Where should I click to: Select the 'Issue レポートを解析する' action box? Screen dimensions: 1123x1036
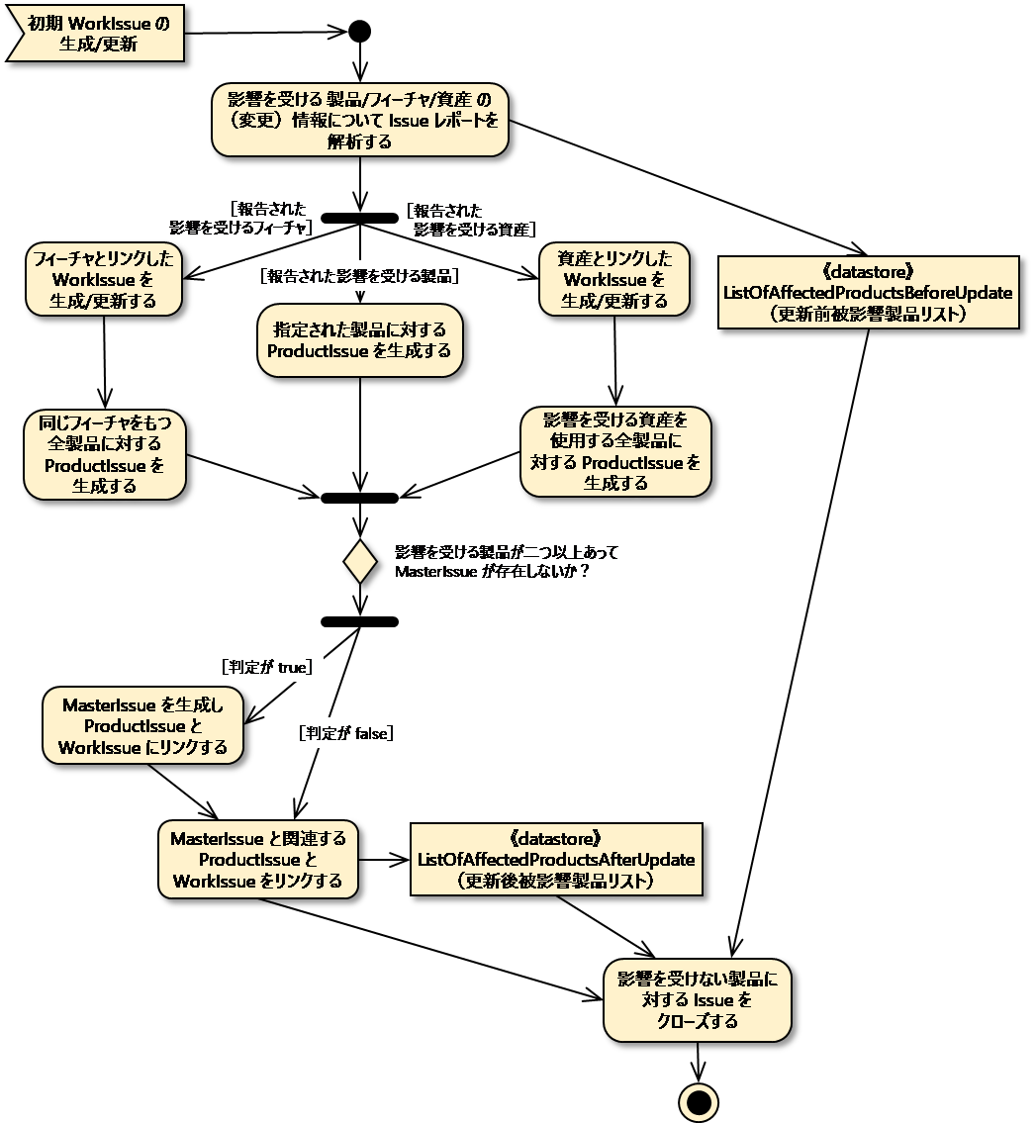click(359, 120)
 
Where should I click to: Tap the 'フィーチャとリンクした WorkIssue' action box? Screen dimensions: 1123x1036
click(104, 279)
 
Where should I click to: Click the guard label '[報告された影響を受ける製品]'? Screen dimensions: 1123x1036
click(359, 276)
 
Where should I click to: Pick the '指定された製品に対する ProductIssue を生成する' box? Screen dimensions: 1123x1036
click(359, 340)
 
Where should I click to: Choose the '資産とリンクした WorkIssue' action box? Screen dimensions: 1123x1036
click(614, 279)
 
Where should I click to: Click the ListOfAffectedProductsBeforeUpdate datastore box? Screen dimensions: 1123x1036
click(868, 292)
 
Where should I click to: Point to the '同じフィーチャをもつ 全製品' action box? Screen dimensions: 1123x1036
click(105, 454)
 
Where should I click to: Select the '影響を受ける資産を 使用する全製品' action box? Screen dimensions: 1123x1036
click(615, 451)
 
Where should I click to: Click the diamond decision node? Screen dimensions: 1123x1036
click(360, 561)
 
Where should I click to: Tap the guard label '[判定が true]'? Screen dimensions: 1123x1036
click(267, 667)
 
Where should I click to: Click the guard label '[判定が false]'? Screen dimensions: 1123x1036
click(346, 733)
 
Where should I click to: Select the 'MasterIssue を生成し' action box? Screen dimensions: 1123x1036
click(142, 726)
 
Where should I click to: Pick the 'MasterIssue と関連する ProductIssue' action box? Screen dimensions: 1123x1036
click(258, 859)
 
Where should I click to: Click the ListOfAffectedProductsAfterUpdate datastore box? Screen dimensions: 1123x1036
click(556, 859)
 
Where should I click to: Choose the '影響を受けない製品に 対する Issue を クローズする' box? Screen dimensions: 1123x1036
click(698, 999)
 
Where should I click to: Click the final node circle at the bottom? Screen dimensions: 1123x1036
click(699, 1102)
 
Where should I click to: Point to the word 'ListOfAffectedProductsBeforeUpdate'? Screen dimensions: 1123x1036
click(868, 293)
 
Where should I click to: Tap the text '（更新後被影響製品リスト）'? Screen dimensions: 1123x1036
click(556, 881)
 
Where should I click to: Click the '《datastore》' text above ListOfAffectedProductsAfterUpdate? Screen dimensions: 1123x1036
click(556, 838)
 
